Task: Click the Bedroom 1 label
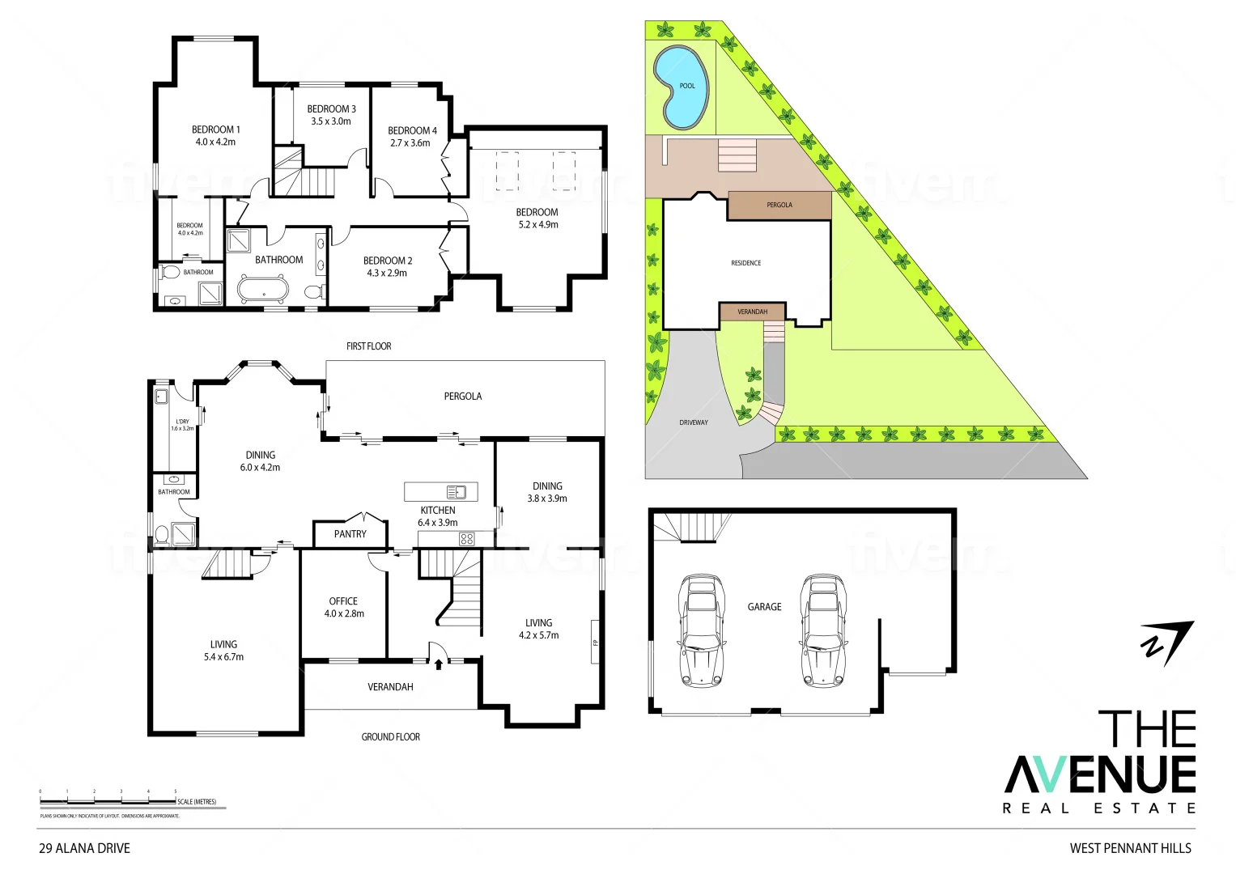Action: click(215, 129)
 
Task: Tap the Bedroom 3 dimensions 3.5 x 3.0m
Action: click(331, 121)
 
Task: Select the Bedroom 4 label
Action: click(412, 130)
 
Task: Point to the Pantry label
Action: click(350, 534)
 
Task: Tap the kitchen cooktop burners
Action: click(466, 539)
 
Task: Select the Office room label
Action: click(343, 601)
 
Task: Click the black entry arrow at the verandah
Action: click(439, 664)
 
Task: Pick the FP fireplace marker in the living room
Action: click(595, 643)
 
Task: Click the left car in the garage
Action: click(701, 630)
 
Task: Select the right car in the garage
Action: click(822, 630)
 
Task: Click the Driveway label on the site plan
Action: click(694, 422)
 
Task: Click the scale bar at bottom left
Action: click(108, 801)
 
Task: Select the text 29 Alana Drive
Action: click(84, 848)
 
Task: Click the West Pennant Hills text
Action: click(1130, 848)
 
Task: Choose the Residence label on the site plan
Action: click(745, 263)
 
